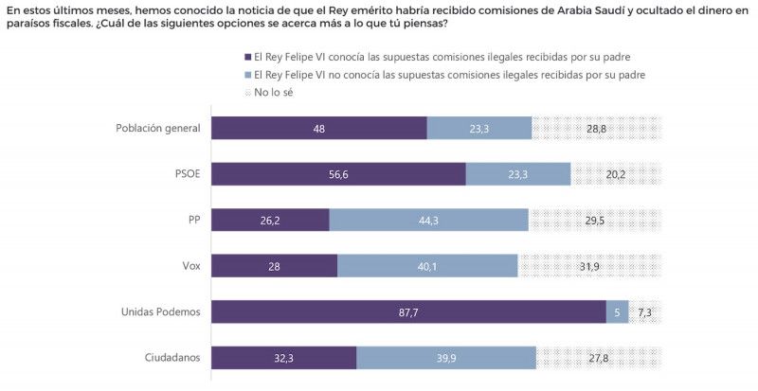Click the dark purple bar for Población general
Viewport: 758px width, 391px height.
click(x=318, y=128)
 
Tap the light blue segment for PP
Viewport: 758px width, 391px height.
click(x=428, y=220)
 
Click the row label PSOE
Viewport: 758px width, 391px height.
click(x=186, y=174)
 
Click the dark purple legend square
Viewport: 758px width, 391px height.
click(x=247, y=58)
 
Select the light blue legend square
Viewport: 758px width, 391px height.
click(x=247, y=74)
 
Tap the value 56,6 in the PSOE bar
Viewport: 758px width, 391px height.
click(x=338, y=174)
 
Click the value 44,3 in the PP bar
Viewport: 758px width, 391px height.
click(x=428, y=220)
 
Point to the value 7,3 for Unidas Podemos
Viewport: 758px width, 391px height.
click(x=645, y=311)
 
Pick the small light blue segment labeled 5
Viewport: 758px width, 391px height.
click(x=617, y=311)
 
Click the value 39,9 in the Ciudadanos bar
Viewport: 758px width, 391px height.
click(x=445, y=358)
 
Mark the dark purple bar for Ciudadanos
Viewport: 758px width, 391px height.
click(x=283, y=358)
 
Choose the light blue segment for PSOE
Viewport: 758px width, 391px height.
click(x=518, y=174)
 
